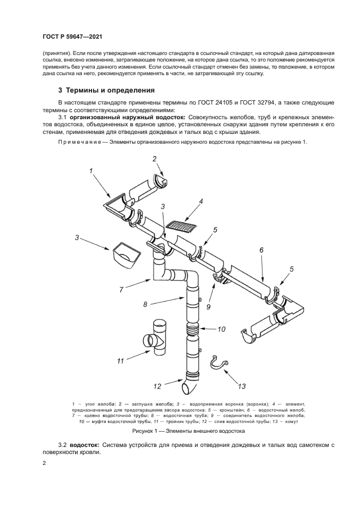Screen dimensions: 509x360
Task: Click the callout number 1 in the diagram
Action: [91, 171]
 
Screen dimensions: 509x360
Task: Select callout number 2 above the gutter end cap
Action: [154, 159]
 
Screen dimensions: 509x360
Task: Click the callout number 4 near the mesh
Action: [201, 201]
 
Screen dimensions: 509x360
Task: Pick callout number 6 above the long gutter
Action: [261, 249]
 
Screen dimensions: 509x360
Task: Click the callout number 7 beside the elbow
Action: [121, 290]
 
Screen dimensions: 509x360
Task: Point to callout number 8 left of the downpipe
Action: [145, 304]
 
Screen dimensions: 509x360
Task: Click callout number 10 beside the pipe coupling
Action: [221, 329]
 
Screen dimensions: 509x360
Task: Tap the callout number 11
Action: [121, 360]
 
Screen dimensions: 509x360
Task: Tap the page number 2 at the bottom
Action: [43, 463]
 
